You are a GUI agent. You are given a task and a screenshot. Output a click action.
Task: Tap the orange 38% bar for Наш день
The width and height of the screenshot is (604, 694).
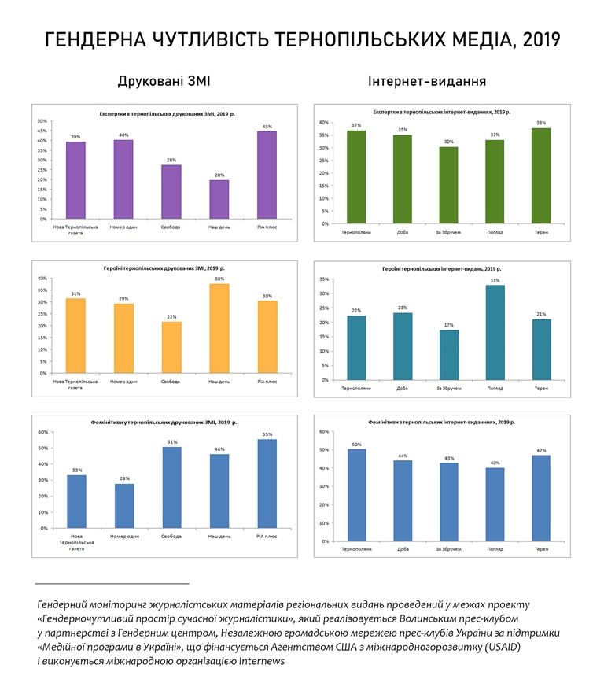219,328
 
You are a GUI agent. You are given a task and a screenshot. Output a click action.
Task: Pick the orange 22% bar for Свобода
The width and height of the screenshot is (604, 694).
171,347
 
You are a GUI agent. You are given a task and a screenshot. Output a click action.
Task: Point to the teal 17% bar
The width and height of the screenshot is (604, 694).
448,354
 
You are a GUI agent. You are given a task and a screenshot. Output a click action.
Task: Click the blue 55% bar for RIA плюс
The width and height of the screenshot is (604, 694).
267,483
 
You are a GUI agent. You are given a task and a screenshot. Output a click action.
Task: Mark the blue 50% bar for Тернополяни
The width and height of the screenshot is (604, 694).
356,494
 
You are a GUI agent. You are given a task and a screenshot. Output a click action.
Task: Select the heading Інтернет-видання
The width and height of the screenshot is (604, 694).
426,81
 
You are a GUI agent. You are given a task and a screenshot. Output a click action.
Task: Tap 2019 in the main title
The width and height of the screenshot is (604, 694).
538,40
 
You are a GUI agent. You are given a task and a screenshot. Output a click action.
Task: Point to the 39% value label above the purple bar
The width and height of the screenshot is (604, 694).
75,137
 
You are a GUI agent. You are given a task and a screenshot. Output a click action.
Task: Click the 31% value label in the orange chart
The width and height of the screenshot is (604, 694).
75,293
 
